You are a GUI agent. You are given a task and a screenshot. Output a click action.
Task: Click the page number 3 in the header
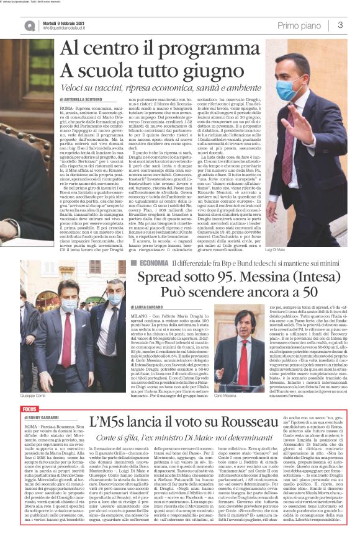pos(341,24)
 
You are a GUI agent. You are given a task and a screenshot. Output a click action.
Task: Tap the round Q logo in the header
pos(30,25)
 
